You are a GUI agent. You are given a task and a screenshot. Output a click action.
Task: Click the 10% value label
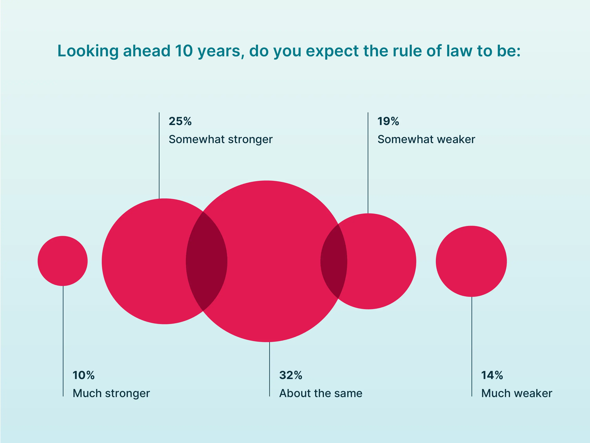tap(84, 375)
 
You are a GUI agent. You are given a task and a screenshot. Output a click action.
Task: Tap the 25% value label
tap(180, 121)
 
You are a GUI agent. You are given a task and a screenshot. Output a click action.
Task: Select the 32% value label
tap(290, 375)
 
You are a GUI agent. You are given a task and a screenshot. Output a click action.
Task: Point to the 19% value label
tap(388, 121)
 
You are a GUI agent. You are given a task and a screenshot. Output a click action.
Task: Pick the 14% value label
tap(492, 375)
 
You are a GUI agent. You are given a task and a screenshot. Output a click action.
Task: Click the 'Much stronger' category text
tap(111, 393)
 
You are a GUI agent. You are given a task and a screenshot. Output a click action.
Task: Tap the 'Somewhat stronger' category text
tap(221, 139)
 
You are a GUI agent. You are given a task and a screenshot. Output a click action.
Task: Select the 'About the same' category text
tap(321, 393)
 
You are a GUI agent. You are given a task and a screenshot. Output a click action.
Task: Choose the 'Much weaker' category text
tap(517, 393)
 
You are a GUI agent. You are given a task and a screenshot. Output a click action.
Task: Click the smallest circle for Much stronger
tap(63, 261)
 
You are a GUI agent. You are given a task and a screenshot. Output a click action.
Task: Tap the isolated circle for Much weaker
tap(471, 261)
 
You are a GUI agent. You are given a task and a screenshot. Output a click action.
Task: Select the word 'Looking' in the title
tap(88, 51)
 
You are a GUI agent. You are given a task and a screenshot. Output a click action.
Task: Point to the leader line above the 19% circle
tap(368, 163)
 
